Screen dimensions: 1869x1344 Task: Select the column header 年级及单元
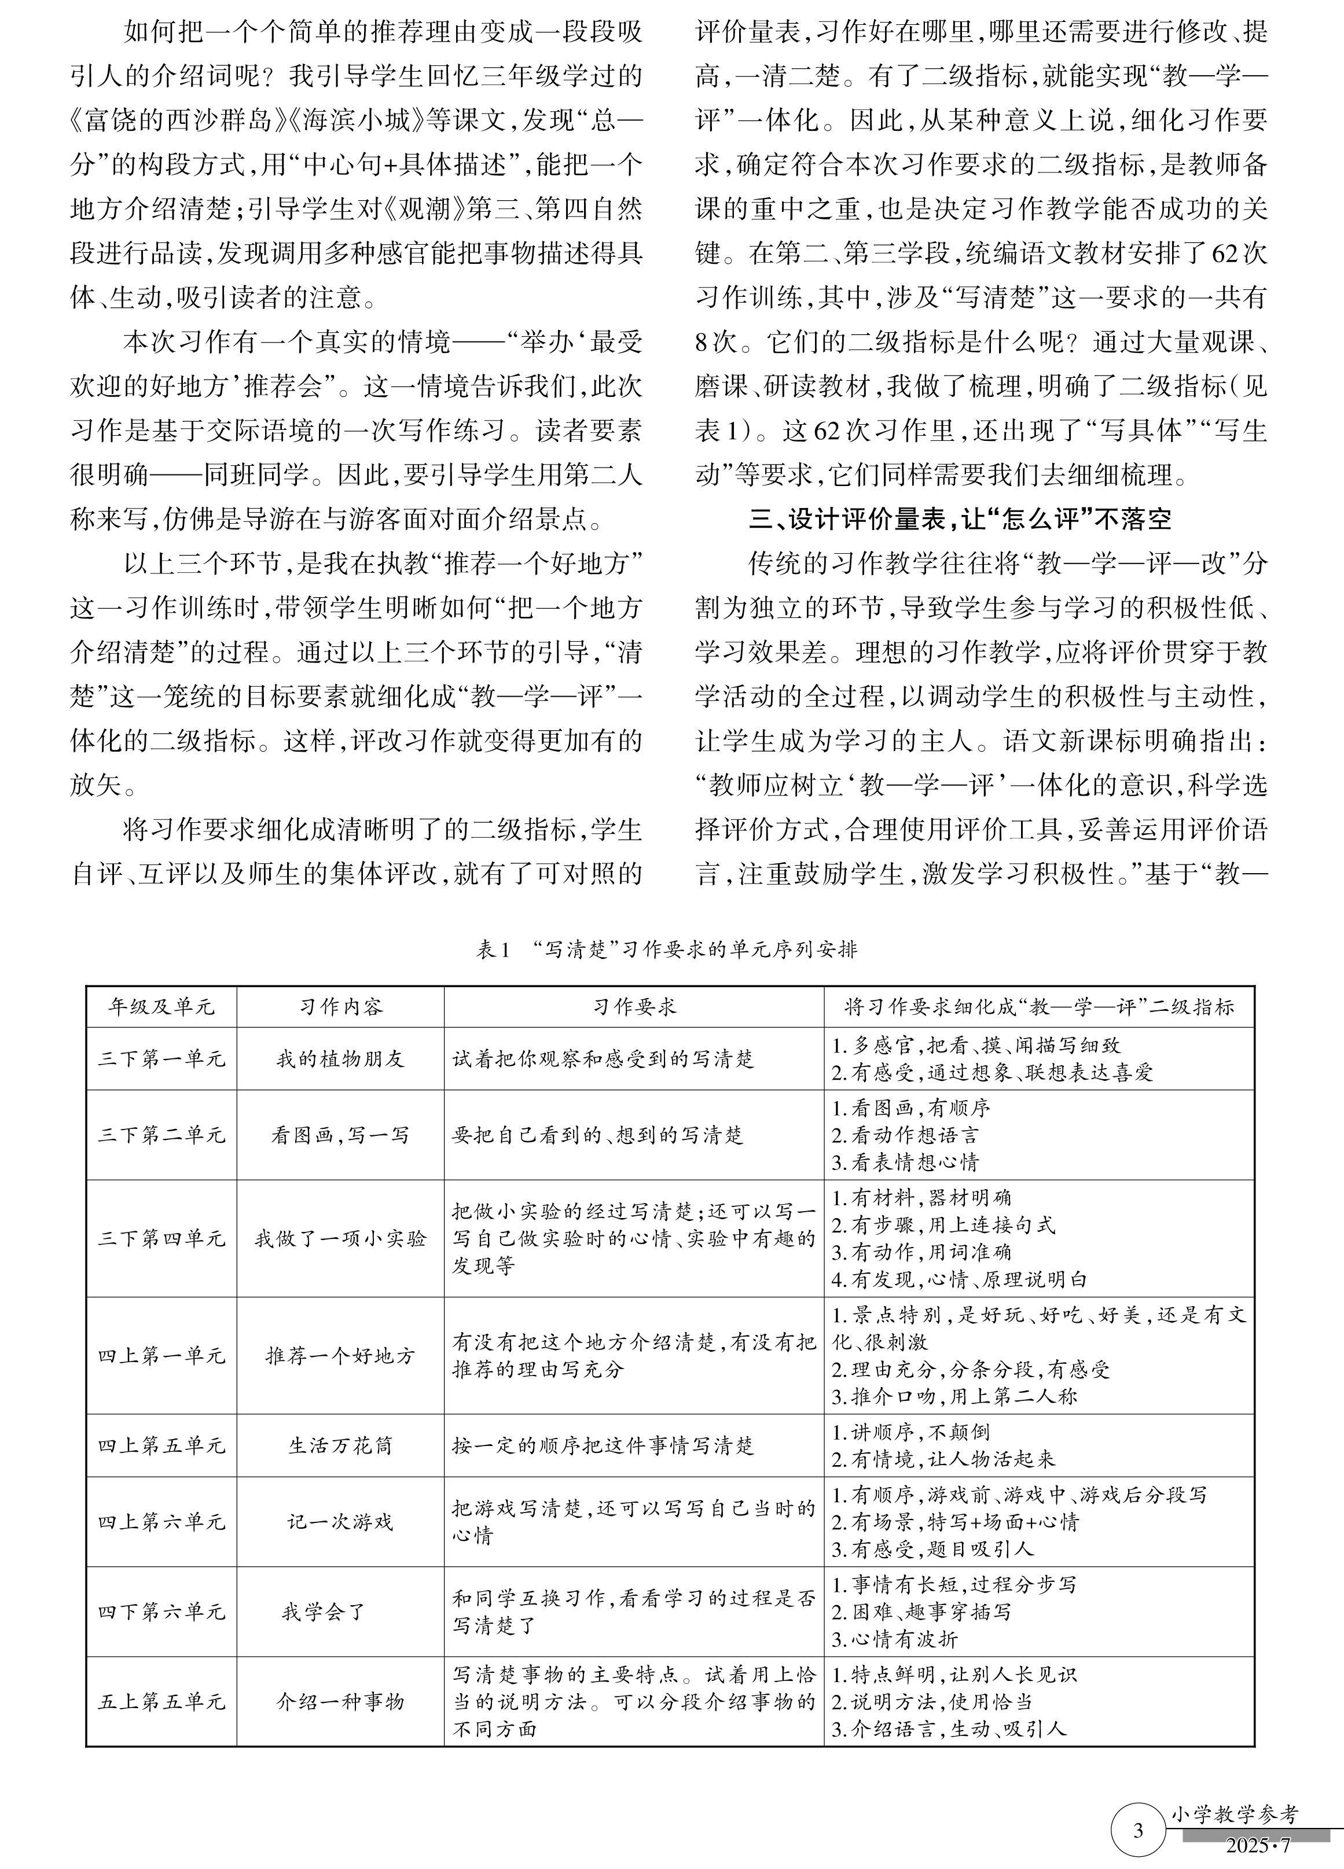[161, 1006]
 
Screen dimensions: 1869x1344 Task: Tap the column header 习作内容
[340, 1006]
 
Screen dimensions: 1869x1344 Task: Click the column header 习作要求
[633, 1006]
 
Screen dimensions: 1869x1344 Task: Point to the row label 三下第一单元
[161, 1059]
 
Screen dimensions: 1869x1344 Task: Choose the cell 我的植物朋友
[340, 1059]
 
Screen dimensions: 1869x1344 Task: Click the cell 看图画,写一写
[340, 1135]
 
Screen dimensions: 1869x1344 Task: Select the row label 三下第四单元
[161, 1239]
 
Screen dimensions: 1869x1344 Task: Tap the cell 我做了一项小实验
[340, 1239]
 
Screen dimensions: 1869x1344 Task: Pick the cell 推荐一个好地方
[340, 1356]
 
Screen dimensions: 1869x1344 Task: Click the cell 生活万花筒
[340, 1445]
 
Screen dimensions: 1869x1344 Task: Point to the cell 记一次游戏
[340, 1521]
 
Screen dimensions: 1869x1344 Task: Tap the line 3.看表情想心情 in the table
[905, 1162]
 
